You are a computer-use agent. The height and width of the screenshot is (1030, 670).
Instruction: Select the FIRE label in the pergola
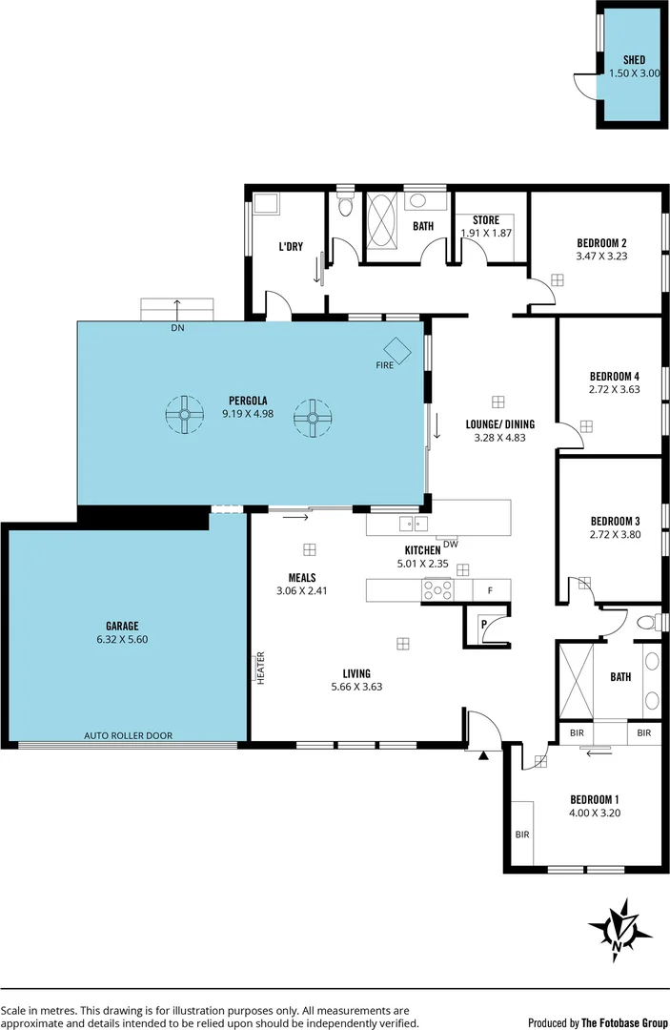(384, 365)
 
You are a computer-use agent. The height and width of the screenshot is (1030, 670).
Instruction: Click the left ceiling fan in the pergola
(185, 415)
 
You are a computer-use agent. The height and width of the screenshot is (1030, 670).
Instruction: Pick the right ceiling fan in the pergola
(311, 417)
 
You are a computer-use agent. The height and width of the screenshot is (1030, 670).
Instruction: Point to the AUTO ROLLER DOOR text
(129, 735)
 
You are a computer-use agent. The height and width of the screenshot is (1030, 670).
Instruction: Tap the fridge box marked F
(490, 590)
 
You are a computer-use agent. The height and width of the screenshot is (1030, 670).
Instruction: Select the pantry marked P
(484, 626)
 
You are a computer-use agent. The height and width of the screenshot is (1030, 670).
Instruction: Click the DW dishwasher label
(451, 545)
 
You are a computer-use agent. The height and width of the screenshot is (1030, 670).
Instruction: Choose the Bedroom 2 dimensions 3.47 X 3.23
(601, 256)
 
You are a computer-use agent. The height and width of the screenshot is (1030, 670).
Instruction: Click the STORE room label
(486, 220)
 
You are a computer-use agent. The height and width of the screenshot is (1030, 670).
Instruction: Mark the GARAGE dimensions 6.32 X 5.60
(123, 639)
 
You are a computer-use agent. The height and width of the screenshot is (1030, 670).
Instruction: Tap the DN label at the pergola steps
(176, 327)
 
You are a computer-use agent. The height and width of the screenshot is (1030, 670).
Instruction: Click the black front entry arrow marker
(483, 755)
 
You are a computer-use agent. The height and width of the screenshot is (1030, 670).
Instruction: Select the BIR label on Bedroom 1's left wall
(522, 834)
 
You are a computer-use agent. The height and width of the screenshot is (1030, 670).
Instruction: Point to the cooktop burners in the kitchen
(437, 590)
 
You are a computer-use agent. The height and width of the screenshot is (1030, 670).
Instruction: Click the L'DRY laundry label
(291, 246)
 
